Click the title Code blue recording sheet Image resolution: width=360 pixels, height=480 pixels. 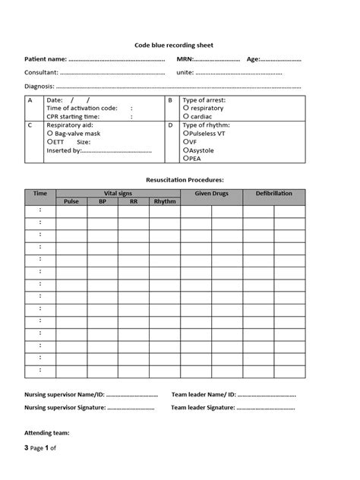(x=178, y=46)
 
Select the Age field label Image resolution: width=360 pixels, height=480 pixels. (x=254, y=59)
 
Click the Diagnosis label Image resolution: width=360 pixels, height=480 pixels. (x=39, y=87)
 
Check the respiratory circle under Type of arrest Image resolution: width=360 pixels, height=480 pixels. (x=186, y=109)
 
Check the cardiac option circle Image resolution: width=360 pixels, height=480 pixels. (x=186, y=117)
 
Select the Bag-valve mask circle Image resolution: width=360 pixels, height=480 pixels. (x=49, y=133)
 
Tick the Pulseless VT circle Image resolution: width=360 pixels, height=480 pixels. (x=186, y=133)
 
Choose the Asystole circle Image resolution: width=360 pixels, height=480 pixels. (x=186, y=150)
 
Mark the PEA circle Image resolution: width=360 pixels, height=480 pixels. (x=186, y=159)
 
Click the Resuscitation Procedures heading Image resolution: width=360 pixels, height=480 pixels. (x=185, y=180)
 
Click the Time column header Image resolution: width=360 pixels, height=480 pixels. (x=40, y=194)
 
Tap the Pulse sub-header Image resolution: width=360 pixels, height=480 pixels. (x=71, y=202)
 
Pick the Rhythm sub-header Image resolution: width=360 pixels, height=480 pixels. (x=164, y=202)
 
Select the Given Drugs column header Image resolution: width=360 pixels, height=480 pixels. (x=211, y=194)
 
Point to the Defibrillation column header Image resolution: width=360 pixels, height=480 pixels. (x=274, y=194)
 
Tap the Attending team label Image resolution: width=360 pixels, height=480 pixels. (x=47, y=432)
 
